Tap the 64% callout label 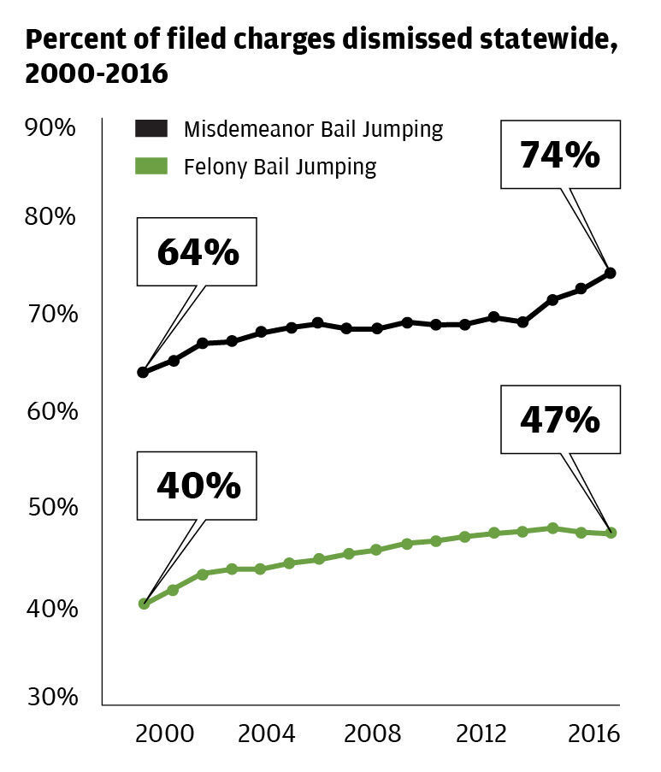point(198,252)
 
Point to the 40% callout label point(198,485)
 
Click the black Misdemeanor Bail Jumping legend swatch point(152,130)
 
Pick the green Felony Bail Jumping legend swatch point(152,165)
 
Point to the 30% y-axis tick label point(51,696)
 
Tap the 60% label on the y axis point(51,411)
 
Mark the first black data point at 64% point(143,372)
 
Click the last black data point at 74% point(610,273)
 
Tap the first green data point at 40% point(144,604)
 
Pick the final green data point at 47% point(610,533)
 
